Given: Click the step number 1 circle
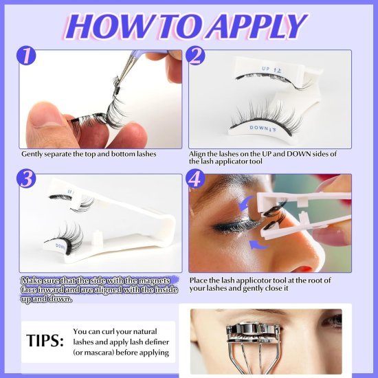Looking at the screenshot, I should click(x=27, y=56).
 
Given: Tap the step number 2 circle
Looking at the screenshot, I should click(x=196, y=56).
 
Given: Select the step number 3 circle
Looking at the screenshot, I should click(x=27, y=179).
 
